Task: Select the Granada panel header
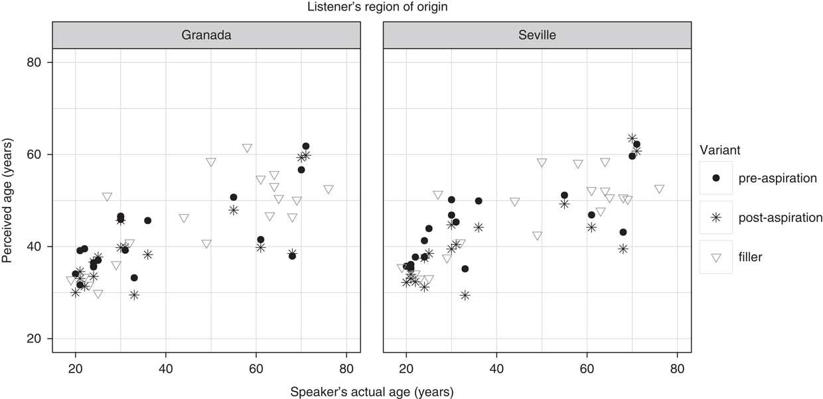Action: (206, 35)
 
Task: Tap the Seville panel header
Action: (537, 35)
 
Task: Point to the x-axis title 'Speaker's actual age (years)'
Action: (372, 391)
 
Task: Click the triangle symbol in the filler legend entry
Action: (715, 257)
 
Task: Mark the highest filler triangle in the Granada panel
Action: (248, 148)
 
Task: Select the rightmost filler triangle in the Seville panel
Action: (659, 189)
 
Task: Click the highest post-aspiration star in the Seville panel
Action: (632, 139)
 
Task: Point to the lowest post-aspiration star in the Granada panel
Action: (134, 295)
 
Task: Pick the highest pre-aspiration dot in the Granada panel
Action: (306, 146)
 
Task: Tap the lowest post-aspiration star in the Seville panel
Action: (465, 295)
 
